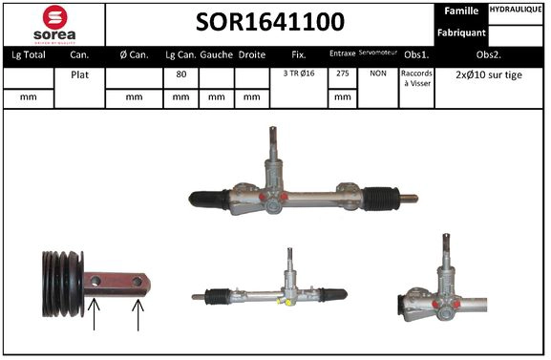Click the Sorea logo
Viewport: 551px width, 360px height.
[x=54, y=23]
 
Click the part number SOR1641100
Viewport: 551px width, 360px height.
[x=271, y=21]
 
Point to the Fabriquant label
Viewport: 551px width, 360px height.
[x=461, y=32]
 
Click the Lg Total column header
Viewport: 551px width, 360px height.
[x=29, y=54]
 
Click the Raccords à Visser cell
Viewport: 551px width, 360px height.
[x=415, y=78]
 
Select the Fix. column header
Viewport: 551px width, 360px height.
[x=299, y=54]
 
